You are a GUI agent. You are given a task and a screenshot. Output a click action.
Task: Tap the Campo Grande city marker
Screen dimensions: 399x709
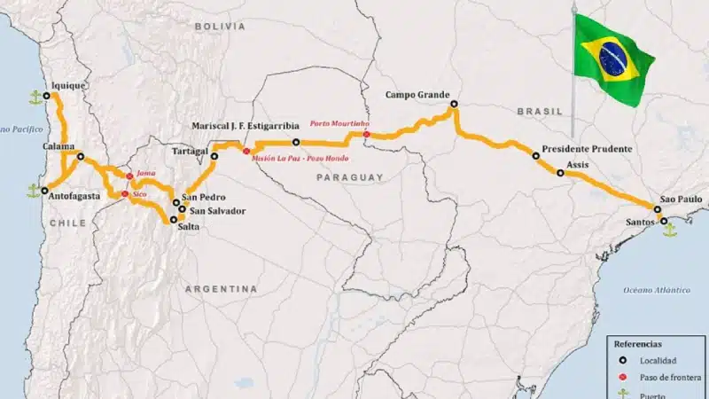[453, 105]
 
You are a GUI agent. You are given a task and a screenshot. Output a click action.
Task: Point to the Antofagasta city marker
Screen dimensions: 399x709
[44, 190]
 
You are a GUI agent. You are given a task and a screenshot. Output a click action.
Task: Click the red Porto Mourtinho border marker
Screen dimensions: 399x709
[366, 134]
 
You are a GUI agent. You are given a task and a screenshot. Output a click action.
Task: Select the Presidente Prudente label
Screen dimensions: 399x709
[587, 149]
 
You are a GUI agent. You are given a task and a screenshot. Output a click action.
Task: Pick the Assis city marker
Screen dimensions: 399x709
[559, 173]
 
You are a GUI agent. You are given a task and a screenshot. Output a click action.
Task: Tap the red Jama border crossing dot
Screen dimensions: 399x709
[129, 176]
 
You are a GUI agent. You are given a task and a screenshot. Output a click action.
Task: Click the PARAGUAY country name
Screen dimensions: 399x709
[349, 177]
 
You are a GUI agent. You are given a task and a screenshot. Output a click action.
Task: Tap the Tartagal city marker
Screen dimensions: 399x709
[214, 156]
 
